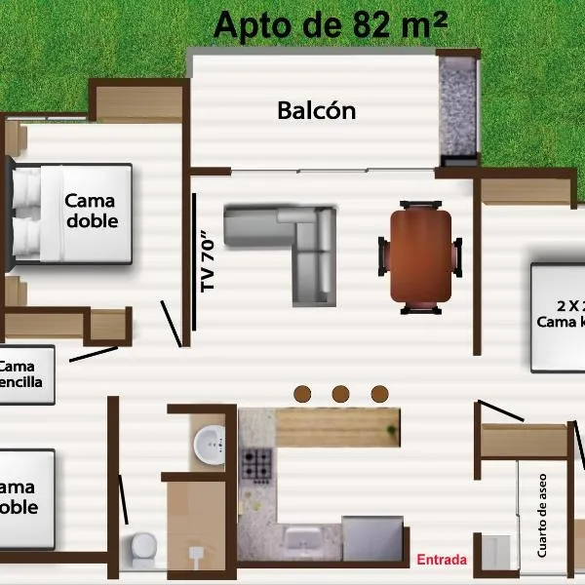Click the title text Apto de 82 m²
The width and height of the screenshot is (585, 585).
point(331,24)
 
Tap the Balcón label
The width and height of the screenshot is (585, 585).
point(317,110)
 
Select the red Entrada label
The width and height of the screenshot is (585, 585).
point(442,560)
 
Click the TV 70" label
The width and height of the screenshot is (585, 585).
point(207,261)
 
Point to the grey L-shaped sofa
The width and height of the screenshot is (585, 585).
point(292,249)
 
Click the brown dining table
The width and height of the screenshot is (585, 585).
point(420,255)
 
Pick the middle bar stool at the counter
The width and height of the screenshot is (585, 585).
point(340,393)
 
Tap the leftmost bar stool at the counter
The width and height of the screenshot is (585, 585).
point(302,393)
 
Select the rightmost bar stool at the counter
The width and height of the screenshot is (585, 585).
point(379,393)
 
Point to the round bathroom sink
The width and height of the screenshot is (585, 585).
point(211,446)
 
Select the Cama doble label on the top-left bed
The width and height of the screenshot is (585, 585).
point(91,211)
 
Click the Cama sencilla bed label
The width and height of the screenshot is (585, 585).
point(21,374)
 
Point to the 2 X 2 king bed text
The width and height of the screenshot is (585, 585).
point(561,312)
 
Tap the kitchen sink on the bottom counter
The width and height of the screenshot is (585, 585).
point(312,539)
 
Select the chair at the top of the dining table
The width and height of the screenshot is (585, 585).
point(420,206)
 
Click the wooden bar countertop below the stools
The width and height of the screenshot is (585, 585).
point(337,427)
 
